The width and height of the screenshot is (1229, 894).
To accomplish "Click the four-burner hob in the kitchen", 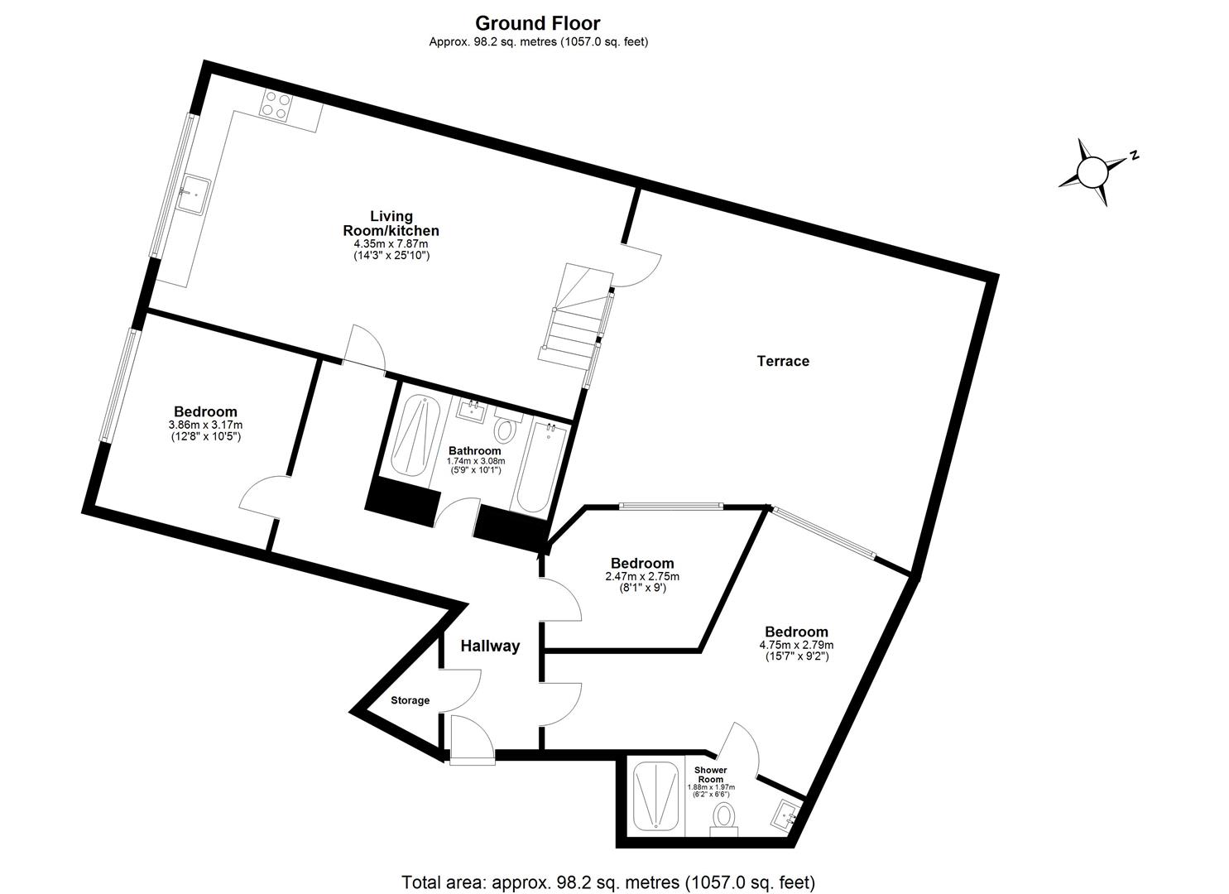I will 276,106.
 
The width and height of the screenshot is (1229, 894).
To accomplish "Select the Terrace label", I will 783,361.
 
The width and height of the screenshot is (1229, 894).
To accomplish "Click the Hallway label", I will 490,646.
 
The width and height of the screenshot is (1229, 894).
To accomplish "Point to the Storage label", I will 410,700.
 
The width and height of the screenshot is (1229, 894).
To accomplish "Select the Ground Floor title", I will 537,23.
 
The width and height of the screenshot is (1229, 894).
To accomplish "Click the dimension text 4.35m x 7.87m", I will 391,244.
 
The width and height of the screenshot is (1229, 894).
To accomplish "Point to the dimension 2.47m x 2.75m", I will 641,577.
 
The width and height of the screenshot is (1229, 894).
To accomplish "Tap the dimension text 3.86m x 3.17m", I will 205,425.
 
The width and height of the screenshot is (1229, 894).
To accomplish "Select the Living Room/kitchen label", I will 391,223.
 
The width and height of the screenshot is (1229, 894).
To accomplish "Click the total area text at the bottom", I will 608,882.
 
